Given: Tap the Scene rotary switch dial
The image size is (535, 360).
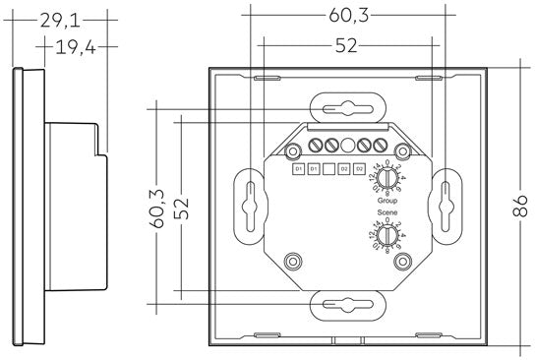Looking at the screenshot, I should (388, 237).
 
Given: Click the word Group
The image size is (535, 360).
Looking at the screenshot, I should (388, 200).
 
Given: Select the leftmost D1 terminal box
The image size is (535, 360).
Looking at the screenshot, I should (297, 170).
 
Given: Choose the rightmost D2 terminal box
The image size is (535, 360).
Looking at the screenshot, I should (360, 170).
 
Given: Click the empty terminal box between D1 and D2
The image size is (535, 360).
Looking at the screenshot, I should (328, 170).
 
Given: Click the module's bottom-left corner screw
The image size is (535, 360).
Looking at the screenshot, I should (292, 262).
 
